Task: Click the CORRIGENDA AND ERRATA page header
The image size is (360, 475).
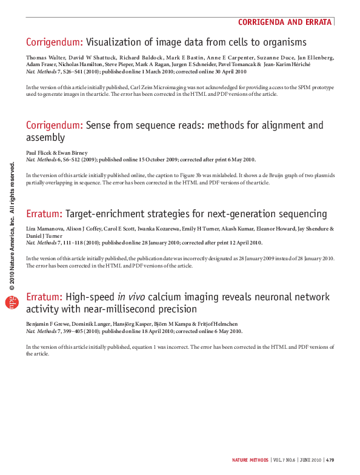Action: tap(285, 22)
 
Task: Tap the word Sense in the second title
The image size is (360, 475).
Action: tap(99, 126)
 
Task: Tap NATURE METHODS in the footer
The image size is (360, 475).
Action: tap(250, 460)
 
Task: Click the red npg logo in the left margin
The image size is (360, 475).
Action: tap(8, 303)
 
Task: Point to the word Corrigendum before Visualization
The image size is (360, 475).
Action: tap(55, 42)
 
